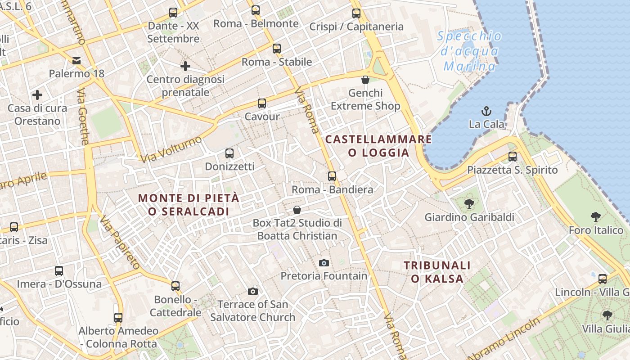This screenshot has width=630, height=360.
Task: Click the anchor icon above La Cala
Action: (486, 111)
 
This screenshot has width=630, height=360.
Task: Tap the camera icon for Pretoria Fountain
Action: (324, 263)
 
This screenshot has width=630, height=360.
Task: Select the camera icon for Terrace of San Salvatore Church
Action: (253, 291)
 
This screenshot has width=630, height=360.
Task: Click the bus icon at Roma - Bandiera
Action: (332, 176)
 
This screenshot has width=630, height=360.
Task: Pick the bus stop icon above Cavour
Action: (262, 103)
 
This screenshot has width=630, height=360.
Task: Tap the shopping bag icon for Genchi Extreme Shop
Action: (365, 80)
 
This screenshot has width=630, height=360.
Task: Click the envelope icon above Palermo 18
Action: (76, 60)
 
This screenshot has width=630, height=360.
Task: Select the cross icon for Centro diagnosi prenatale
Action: (185, 66)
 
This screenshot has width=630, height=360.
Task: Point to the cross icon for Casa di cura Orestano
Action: (37, 95)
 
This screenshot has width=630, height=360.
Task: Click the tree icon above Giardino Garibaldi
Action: (469, 204)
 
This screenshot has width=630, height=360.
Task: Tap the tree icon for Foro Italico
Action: (596, 217)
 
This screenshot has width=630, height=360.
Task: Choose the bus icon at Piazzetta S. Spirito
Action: (513, 157)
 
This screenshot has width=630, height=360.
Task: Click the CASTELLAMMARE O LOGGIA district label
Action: (378, 146)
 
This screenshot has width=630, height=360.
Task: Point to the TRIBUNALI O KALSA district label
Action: (437, 272)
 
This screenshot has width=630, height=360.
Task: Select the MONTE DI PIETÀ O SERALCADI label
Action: (189, 204)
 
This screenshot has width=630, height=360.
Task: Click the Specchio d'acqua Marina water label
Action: (469, 51)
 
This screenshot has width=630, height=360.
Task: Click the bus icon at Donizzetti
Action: (229, 153)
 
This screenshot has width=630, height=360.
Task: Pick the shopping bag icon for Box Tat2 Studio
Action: (297, 210)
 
